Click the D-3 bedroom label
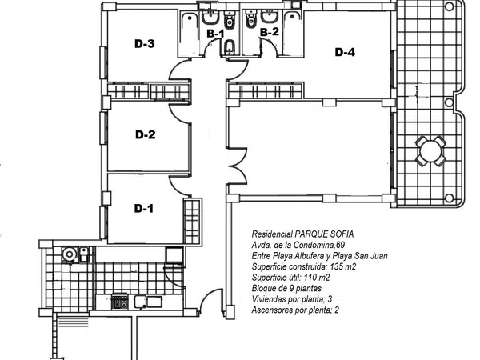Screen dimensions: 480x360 click(x=145, y=44)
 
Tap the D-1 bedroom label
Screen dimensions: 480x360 click(x=143, y=209)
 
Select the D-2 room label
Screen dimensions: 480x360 click(x=146, y=134)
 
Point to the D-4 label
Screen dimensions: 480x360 click(x=345, y=52)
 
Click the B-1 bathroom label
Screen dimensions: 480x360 click(x=216, y=34)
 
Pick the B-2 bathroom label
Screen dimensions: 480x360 click(x=270, y=31)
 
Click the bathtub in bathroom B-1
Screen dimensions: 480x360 click(x=189, y=34)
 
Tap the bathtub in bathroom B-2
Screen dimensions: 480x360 click(x=293, y=33)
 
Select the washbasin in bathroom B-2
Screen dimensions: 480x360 click(x=270, y=17)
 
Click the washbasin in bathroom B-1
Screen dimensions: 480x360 click(x=210, y=17)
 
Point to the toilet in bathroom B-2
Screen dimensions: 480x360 click(x=251, y=18)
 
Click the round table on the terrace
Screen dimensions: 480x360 click(x=430, y=151)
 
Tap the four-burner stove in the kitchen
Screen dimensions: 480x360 click(x=120, y=302)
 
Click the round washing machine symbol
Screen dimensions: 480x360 click(x=70, y=254)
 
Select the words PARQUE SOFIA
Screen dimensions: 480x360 click(x=324, y=234)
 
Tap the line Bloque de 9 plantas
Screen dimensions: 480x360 click(x=286, y=288)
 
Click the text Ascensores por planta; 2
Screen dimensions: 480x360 click(x=295, y=310)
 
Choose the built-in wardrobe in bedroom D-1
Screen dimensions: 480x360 click(x=193, y=221)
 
